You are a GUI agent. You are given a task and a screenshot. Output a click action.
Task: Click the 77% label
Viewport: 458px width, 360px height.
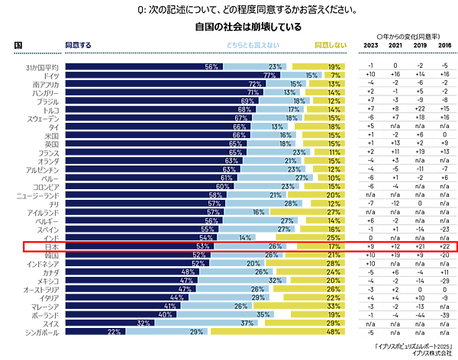pyautogui.click(x=269, y=76)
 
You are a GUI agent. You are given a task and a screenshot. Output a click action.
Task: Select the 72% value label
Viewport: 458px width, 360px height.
pyautogui.click(x=255, y=84)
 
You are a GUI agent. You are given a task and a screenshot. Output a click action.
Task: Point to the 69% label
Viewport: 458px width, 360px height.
pyautogui.click(x=247, y=101)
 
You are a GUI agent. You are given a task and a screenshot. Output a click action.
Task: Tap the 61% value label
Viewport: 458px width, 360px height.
pyautogui.click(x=227, y=178)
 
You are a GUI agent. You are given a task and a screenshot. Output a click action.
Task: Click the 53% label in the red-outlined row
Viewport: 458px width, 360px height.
pyautogui.click(x=202, y=246)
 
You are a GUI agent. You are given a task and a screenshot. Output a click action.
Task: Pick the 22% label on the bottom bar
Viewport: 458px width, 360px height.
pyautogui.click(x=114, y=332)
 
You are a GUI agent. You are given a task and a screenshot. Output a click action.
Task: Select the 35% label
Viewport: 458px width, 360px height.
pyautogui.click(x=263, y=314)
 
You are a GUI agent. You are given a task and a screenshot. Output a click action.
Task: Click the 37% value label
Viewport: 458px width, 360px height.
pyautogui.click(x=247, y=323)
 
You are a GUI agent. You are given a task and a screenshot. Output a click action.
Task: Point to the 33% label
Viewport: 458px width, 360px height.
pyautogui.click(x=334, y=306)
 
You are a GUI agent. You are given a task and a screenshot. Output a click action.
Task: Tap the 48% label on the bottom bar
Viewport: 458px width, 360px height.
pyautogui.click(x=334, y=332)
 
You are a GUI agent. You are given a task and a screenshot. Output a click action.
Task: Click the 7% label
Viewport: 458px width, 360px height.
pyautogui.click(x=336, y=76)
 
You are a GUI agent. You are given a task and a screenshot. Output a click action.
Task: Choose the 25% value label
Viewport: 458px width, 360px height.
pyautogui.click(x=334, y=237)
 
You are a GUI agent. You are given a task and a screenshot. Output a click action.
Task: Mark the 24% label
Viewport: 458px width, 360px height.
pyautogui.click(x=334, y=272)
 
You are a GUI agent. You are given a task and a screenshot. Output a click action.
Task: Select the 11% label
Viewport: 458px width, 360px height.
pyautogui.click(x=334, y=152)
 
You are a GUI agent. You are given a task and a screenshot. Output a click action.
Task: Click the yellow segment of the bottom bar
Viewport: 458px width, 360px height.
pyautogui.click(x=275, y=332)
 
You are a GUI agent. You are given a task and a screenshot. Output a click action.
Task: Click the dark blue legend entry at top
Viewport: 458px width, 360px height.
pyautogui.click(x=78, y=45)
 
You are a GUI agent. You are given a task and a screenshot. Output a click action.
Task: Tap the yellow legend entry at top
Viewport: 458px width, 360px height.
pyautogui.click(x=330, y=45)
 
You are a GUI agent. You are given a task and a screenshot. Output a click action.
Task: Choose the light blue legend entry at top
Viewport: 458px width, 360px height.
pyautogui.click(x=253, y=45)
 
